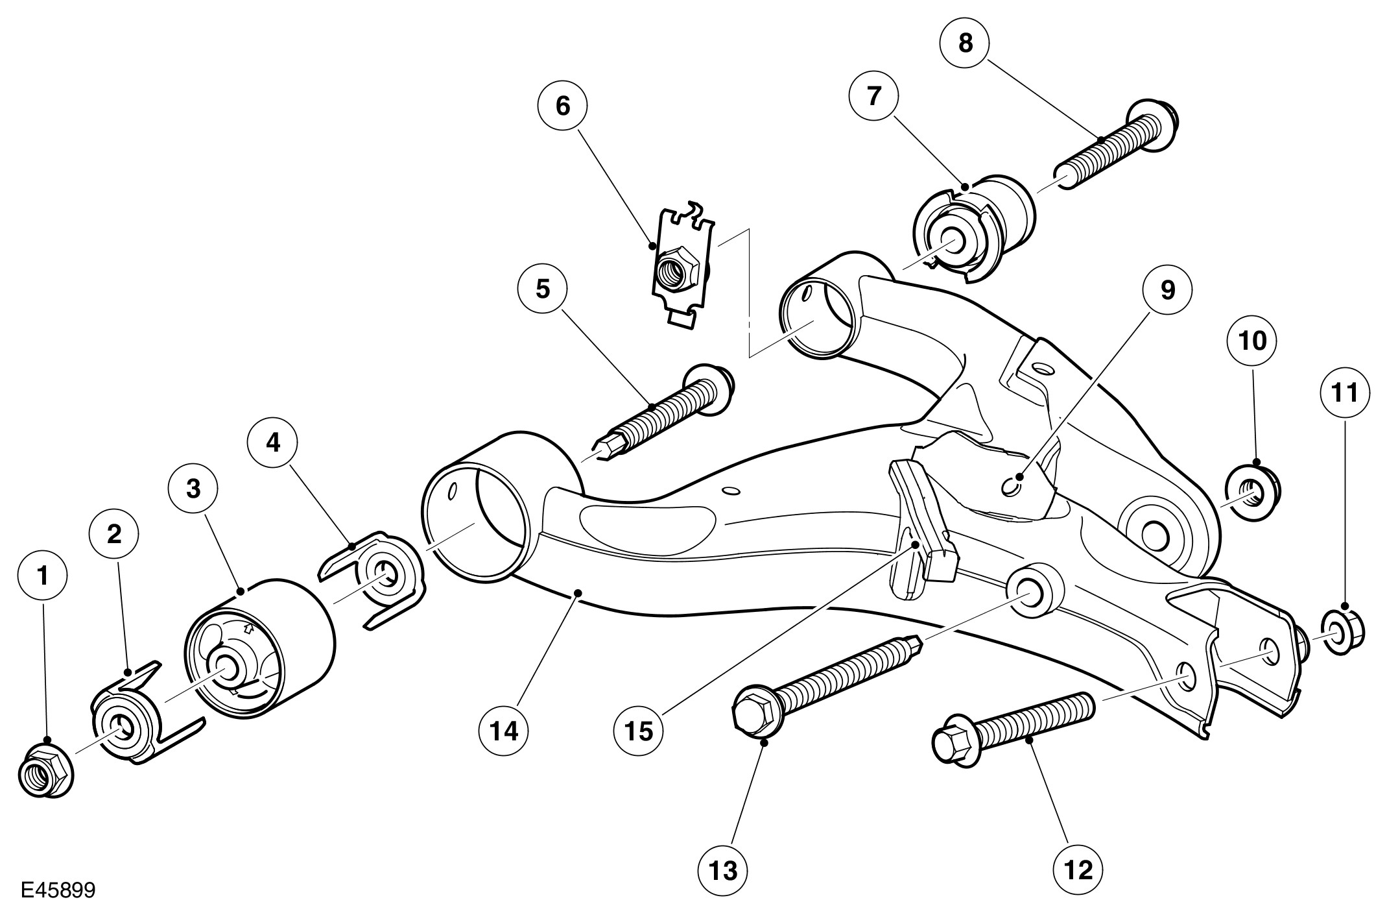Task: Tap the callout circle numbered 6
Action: pos(562,106)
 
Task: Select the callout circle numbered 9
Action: pos(1167,291)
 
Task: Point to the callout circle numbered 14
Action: pos(503,731)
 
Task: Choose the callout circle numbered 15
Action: pos(639,731)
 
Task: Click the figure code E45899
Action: pos(58,890)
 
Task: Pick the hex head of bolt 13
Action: pos(753,711)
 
